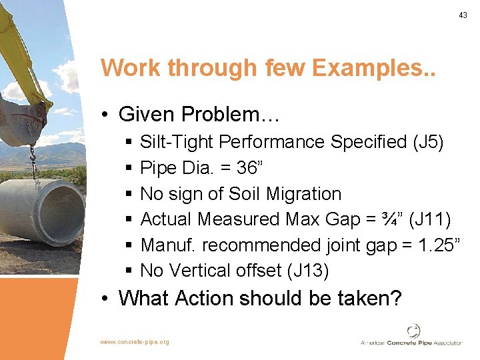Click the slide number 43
click(x=463, y=15)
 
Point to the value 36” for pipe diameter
click(x=250, y=168)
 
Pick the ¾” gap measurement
click(x=400, y=219)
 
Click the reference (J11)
click(x=435, y=219)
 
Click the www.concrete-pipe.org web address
click(x=135, y=342)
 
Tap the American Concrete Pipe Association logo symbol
click(x=413, y=331)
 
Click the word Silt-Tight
click(x=177, y=142)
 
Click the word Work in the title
click(x=132, y=68)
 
